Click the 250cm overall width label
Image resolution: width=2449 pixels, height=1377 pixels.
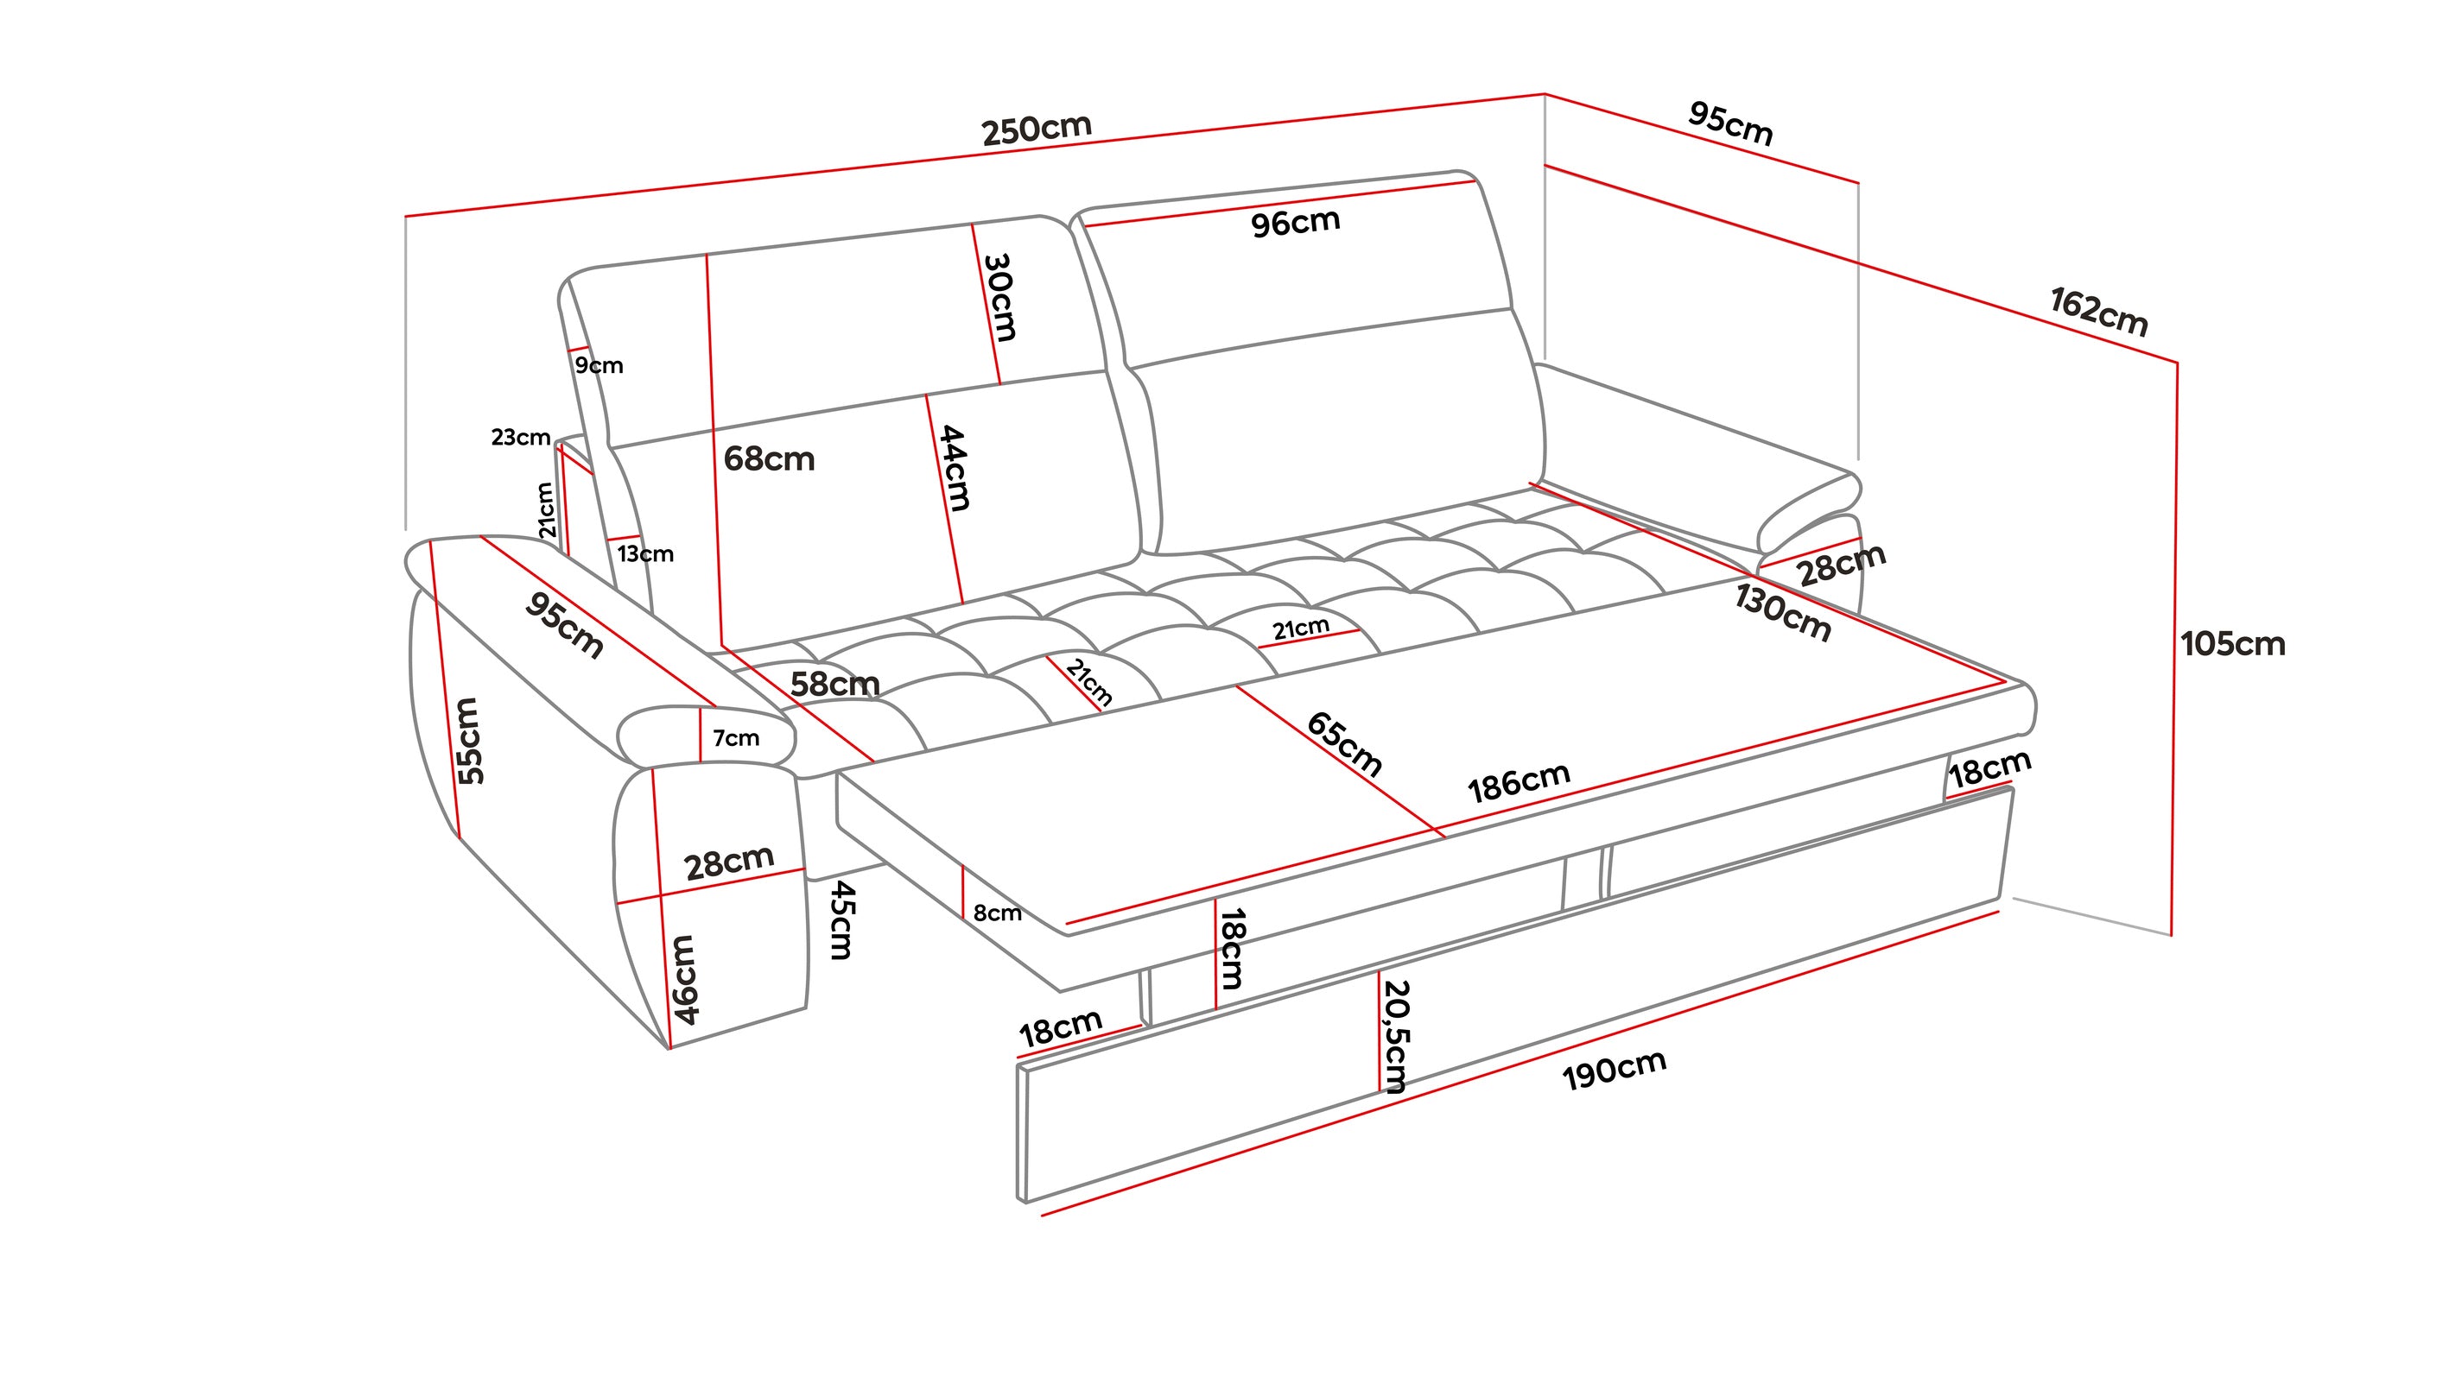click(1037, 129)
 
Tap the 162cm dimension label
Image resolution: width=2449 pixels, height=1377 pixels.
click(2098, 312)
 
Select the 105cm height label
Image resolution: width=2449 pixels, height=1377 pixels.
click(2232, 644)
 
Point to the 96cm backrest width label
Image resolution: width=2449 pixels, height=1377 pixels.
click(1295, 224)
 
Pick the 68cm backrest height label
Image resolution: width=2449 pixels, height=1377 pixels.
click(769, 460)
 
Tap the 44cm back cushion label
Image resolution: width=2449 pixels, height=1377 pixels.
click(954, 468)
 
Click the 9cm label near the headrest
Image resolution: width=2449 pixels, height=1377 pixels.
click(599, 366)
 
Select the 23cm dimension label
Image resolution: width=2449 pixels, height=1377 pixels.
click(520, 437)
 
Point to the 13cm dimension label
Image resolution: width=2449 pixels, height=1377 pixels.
click(645, 554)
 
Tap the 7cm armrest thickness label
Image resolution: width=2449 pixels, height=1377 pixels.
click(736, 738)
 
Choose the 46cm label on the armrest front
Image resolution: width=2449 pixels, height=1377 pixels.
click(684, 979)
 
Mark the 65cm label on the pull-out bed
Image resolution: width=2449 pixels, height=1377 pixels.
click(1343, 743)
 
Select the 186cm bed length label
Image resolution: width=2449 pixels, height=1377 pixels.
click(1519, 782)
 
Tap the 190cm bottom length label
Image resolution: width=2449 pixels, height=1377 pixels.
click(1615, 1070)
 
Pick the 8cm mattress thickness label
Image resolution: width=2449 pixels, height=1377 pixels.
click(997, 913)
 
